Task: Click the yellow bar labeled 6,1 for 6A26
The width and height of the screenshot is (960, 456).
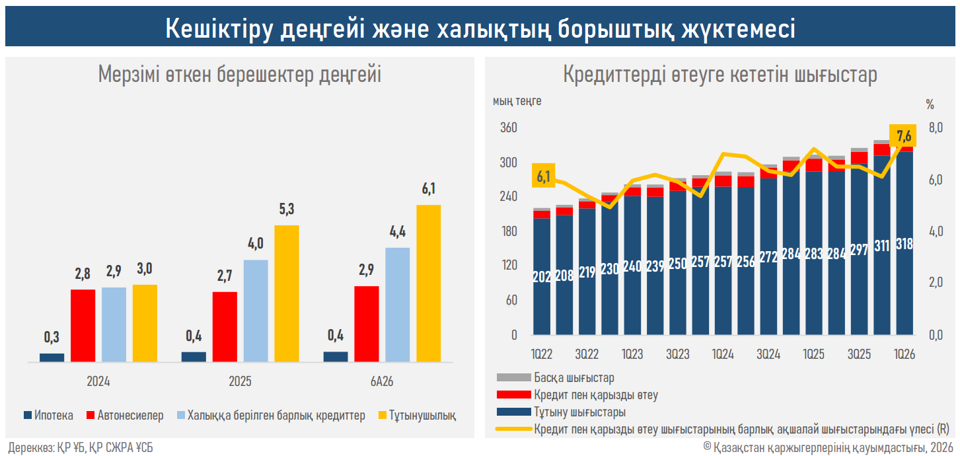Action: tap(429, 284)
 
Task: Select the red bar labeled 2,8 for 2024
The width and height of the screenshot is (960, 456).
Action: tap(83, 326)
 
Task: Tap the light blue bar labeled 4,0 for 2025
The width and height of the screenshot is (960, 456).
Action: tap(256, 311)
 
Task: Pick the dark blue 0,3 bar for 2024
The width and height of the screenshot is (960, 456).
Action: tap(52, 358)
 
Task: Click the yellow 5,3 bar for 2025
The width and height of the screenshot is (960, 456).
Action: tap(287, 293)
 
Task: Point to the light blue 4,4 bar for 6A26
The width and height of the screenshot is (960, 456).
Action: tap(398, 305)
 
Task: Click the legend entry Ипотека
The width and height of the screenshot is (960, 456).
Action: tap(48, 415)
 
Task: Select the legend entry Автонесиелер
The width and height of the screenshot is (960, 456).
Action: tap(125, 415)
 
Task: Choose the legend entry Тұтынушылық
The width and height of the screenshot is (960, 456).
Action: tap(417, 415)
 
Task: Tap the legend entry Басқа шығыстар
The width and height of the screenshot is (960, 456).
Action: tap(556, 377)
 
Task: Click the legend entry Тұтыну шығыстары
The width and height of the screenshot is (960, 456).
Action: tap(561, 412)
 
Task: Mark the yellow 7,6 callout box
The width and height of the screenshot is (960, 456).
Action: tap(903, 136)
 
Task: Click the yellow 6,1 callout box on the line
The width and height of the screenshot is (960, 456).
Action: tap(544, 175)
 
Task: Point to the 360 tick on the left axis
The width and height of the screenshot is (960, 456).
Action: tap(509, 128)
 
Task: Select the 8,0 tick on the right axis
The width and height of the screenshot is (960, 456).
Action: tap(936, 128)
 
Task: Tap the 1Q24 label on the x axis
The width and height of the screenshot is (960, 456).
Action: tap(723, 354)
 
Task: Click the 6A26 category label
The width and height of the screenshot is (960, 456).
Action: tap(382, 381)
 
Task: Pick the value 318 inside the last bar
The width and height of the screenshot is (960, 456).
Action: tap(905, 245)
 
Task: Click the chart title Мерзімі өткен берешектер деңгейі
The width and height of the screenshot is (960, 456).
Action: tap(240, 75)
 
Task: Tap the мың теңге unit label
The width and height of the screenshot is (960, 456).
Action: tap(517, 101)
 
